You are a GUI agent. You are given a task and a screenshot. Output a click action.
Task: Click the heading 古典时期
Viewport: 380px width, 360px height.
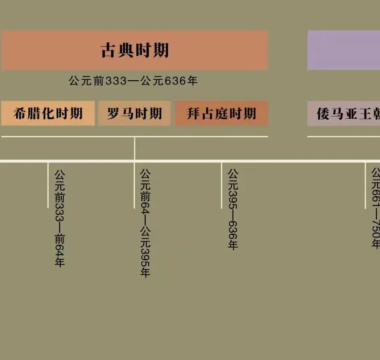(135, 50)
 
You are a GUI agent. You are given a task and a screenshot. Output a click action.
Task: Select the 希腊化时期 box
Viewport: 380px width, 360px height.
(48, 113)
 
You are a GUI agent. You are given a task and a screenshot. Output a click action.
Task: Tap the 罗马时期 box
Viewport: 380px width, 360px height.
(134, 113)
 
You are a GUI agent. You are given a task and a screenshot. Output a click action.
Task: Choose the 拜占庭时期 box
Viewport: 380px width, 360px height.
(222, 113)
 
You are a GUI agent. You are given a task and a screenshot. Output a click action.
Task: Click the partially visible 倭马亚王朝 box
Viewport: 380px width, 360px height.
(344, 113)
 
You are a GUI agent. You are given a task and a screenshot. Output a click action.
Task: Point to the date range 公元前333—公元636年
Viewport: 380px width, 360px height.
(133, 81)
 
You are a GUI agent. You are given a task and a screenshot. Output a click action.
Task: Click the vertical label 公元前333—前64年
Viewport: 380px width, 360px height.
(59, 218)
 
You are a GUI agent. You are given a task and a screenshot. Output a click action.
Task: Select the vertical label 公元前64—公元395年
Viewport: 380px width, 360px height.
(146, 223)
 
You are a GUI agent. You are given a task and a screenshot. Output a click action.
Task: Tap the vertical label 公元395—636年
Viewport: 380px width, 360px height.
(232, 209)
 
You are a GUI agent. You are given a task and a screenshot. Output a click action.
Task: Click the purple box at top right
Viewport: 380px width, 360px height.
(344, 50)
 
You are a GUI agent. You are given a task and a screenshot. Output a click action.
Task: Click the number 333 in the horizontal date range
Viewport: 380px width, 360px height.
(116, 81)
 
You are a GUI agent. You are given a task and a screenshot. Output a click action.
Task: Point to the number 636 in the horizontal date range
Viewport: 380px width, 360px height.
(175, 81)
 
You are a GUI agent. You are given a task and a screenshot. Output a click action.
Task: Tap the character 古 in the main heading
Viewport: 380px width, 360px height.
(108, 50)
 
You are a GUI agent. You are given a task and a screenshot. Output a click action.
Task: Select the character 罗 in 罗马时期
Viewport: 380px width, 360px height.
(114, 113)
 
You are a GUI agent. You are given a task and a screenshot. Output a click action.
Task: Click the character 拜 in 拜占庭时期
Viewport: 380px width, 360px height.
(194, 113)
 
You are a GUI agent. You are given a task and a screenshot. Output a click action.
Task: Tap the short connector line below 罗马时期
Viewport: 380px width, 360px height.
(135, 148)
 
